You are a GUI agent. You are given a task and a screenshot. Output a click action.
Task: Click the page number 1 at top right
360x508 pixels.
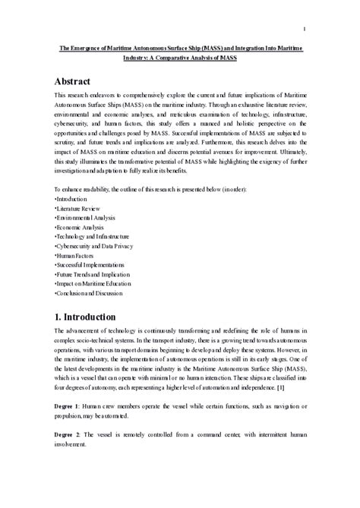[303, 30]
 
